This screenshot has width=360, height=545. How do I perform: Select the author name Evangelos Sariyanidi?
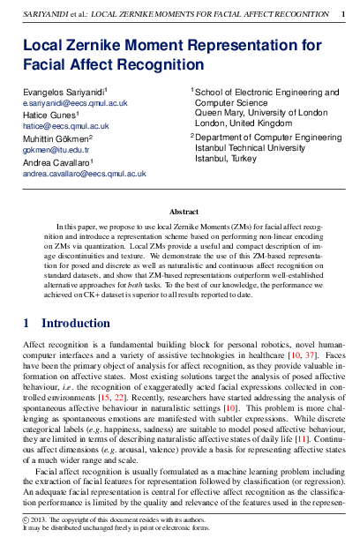point(63,92)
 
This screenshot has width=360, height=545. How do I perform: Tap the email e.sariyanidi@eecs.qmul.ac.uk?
point(75,103)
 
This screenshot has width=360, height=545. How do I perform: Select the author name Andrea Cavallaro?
point(57,163)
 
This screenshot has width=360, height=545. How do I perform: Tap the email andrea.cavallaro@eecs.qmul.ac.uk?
point(84,175)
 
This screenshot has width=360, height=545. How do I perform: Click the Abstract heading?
point(183,213)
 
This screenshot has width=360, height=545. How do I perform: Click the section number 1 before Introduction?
point(26,324)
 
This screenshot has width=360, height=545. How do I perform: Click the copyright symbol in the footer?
point(26,520)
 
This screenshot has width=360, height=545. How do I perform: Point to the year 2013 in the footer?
point(41,520)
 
